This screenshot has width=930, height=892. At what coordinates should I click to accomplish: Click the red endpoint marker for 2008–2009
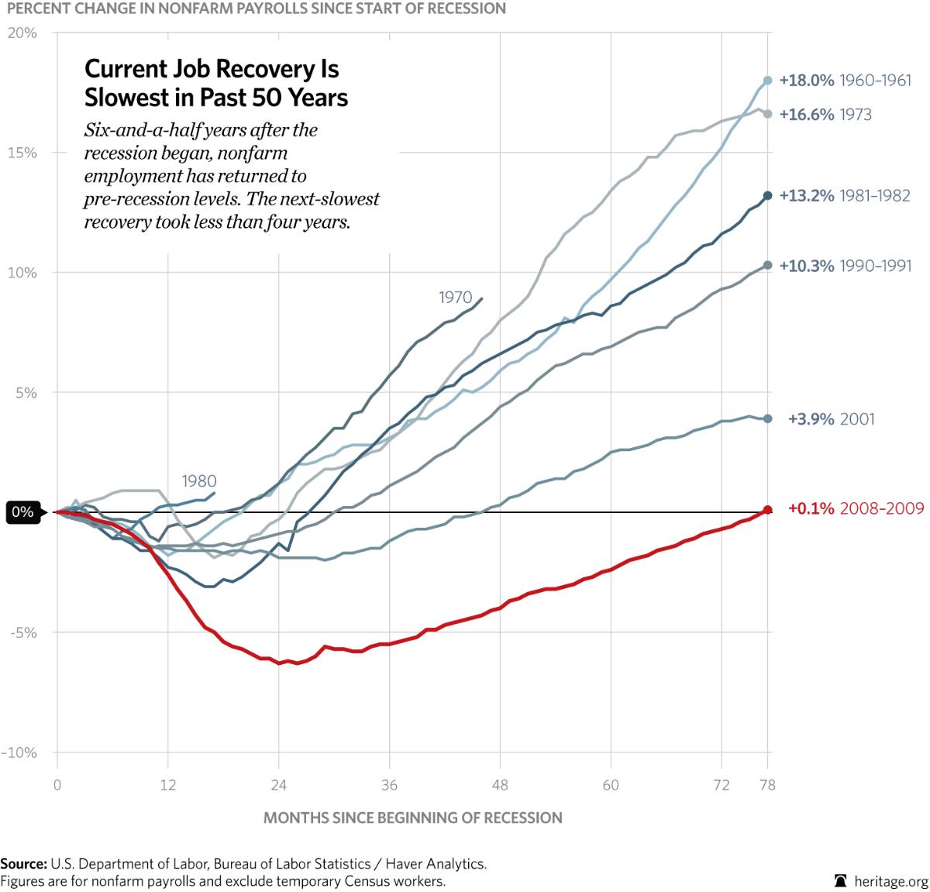(x=768, y=510)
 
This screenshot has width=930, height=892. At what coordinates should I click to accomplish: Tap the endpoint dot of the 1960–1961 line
(x=768, y=80)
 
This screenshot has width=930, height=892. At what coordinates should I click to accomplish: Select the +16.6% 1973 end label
(x=825, y=115)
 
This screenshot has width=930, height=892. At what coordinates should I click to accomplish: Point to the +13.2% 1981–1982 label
(x=845, y=196)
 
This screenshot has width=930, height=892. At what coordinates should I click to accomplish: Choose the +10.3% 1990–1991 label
(x=845, y=266)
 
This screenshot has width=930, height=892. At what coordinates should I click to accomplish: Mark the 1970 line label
(x=455, y=298)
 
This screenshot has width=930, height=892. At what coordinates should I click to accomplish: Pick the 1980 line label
(x=199, y=481)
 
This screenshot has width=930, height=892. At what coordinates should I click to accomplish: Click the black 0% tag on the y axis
(x=22, y=512)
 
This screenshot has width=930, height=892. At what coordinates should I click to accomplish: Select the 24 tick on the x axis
(x=279, y=785)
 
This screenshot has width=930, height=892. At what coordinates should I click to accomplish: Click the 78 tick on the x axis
(x=766, y=785)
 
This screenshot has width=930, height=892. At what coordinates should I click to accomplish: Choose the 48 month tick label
(x=500, y=785)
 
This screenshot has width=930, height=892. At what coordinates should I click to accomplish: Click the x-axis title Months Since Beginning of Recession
(x=412, y=818)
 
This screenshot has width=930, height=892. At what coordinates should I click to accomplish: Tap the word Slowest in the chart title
(x=127, y=98)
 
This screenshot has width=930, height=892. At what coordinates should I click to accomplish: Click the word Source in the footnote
(x=23, y=863)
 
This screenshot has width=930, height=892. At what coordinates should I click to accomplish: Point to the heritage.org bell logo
(x=840, y=881)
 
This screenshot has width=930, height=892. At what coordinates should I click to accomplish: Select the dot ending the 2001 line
(x=768, y=418)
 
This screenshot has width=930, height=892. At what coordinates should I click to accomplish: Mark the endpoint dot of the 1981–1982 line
(x=768, y=196)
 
